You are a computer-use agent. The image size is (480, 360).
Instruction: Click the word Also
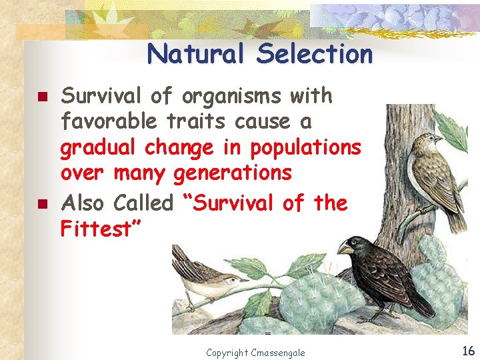(83, 202)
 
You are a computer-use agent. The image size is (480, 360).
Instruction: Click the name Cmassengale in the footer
(279, 352)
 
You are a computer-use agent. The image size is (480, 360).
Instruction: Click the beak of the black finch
(345, 248)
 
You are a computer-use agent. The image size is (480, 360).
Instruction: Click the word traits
(198, 123)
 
